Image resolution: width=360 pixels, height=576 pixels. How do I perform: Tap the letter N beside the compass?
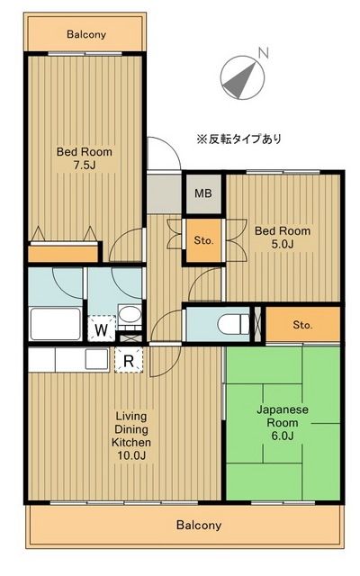[263, 54]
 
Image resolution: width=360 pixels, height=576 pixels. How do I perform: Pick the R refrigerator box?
[129, 361]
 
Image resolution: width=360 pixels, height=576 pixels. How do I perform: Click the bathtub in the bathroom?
[55, 322]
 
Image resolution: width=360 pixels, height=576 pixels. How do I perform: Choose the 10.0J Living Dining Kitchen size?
[130, 456]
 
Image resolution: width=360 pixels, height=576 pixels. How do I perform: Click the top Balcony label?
[86, 35]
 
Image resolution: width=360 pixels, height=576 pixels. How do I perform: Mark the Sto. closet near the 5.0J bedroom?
[202, 240]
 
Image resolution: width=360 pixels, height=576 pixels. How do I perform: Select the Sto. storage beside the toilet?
[301, 324]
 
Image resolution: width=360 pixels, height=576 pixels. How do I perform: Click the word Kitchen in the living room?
[130, 443]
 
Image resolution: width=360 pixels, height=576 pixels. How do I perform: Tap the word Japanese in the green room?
[283, 409]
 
